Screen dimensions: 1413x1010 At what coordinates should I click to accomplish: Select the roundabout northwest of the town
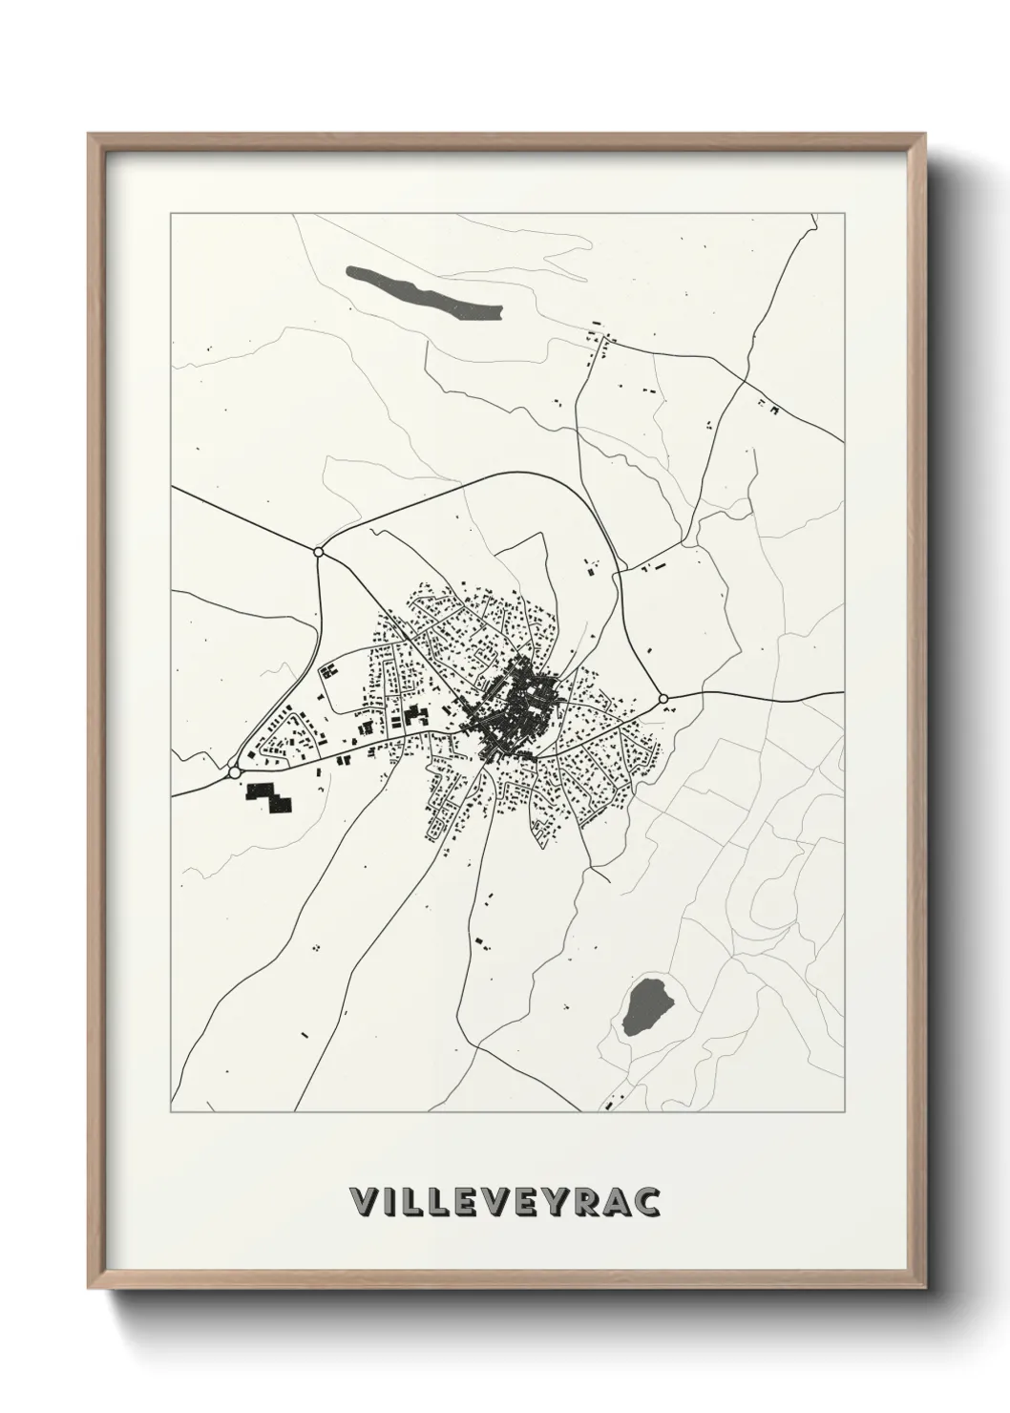(318, 551)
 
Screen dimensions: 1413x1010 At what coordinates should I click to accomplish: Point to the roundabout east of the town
(663, 699)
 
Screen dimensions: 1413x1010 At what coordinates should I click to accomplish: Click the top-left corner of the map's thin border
(171, 213)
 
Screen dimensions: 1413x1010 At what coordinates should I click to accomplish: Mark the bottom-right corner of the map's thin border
(845, 1113)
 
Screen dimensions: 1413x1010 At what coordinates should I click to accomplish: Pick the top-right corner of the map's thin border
(845, 213)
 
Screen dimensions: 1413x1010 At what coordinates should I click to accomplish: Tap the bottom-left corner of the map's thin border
(171, 1113)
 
